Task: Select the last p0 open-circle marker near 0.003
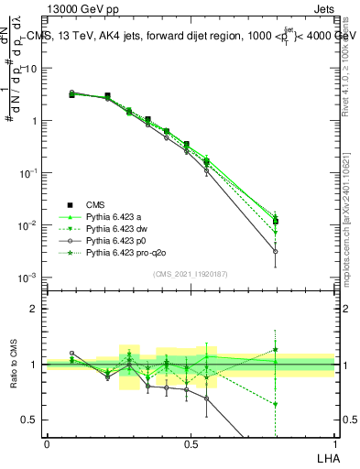276,251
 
